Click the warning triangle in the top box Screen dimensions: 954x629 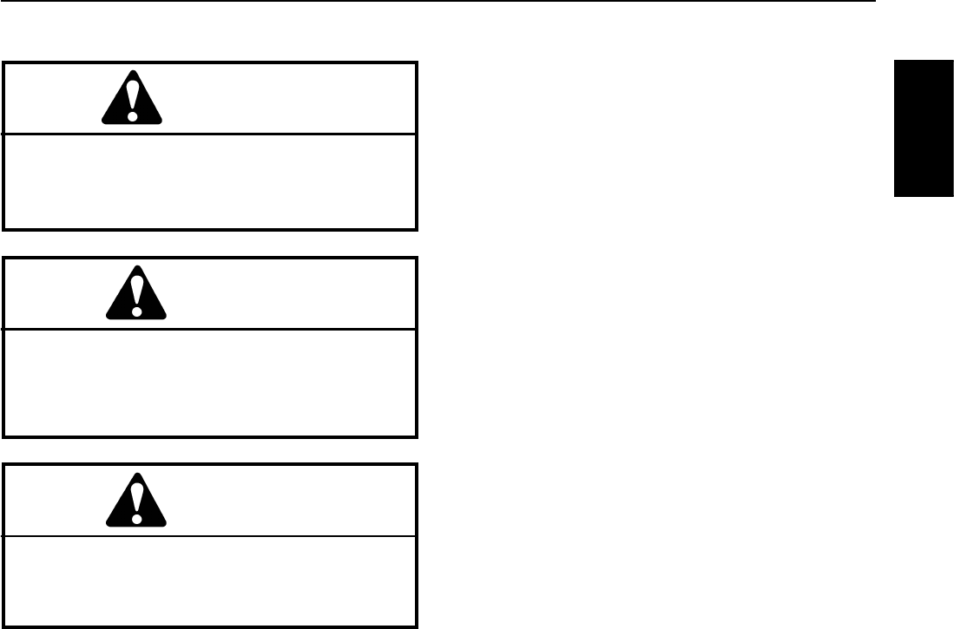(132, 100)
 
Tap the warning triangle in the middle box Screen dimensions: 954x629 (136, 294)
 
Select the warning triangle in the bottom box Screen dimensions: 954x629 (136, 501)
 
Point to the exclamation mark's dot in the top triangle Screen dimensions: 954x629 (132, 114)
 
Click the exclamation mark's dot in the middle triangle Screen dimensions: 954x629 (136, 308)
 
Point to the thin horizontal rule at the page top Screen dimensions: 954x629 (434, 2)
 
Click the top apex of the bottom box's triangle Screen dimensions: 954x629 (136, 474)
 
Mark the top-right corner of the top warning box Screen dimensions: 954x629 (417, 62)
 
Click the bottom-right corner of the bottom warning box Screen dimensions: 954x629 (417, 626)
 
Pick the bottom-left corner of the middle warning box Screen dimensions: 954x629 (4, 436)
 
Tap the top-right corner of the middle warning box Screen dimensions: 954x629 (417, 258)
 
